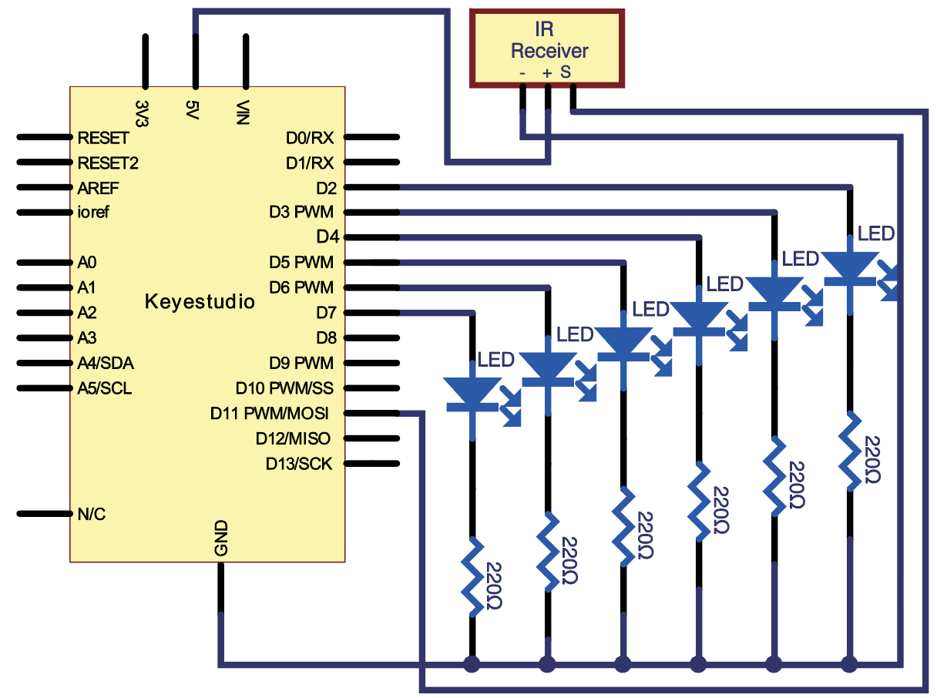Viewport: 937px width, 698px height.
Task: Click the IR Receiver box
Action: point(546,49)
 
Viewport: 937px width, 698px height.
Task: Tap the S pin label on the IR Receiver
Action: point(566,72)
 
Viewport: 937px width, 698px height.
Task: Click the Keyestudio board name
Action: point(200,302)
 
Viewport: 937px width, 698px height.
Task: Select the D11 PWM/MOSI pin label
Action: point(269,413)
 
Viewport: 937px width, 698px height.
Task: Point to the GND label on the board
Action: point(221,538)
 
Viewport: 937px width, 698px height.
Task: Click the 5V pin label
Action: point(192,109)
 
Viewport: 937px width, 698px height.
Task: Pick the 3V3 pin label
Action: point(142,113)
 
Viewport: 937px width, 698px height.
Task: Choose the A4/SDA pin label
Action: point(106,363)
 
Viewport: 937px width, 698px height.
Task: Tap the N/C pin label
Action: point(91,514)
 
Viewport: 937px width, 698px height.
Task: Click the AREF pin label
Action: point(98,188)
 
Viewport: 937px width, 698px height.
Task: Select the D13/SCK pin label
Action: point(299,464)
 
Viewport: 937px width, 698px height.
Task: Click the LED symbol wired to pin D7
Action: point(481,401)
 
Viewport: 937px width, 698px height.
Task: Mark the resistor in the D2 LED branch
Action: point(850,451)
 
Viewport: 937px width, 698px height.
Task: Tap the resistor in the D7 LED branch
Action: point(472,578)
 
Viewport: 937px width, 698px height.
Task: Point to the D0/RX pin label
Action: point(310,138)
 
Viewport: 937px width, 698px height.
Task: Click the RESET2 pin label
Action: point(108,163)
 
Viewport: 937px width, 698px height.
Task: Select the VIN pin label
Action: point(243,112)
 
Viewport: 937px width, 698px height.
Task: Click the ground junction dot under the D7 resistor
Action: point(472,664)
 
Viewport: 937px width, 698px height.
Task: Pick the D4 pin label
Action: point(327,237)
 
